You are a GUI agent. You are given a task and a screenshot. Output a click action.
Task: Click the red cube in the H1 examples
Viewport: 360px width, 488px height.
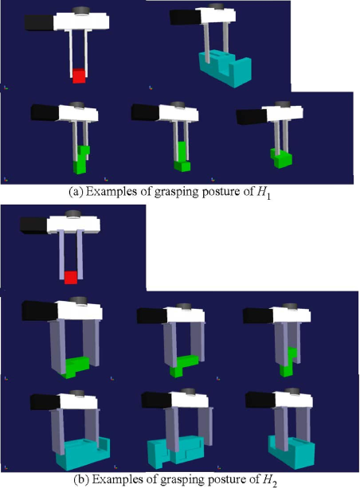click(x=79, y=76)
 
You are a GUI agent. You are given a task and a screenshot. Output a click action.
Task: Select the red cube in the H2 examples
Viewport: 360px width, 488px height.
click(x=71, y=277)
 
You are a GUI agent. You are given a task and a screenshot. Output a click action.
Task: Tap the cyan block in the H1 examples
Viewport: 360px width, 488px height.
click(x=225, y=68)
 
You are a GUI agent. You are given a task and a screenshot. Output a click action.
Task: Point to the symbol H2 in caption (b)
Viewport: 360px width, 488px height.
click(x=269, y=479)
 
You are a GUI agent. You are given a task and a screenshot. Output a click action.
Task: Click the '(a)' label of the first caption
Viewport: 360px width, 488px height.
click(x=76, y=192)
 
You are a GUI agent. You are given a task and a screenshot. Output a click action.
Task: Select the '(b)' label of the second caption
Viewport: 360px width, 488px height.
click(x=81, y=478)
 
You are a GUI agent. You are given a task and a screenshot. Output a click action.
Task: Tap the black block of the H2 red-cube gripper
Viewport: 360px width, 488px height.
click(x=33, y=224)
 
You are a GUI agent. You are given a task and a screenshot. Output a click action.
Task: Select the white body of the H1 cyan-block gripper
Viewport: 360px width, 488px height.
click(x=217, y=16)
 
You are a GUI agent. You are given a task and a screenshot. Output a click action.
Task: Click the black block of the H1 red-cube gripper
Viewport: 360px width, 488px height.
click(x=39, y=22)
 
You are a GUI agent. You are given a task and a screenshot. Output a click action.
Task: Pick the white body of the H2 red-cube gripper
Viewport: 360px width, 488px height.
click(x=74, y=224)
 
